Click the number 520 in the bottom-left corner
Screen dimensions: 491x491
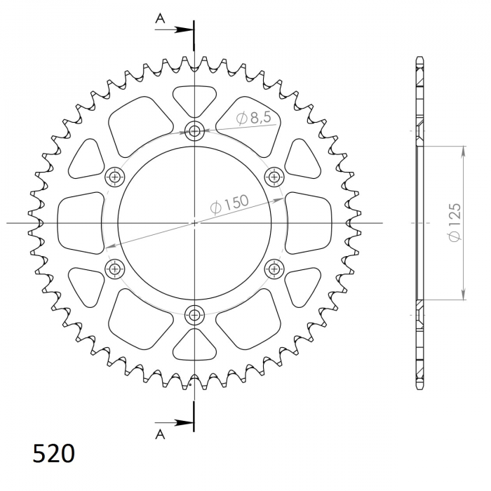[x=53, y=454]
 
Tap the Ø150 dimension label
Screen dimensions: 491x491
[x=229, y=204]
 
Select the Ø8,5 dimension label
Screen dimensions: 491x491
[x=253, y=119]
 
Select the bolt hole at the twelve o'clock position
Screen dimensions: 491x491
[x=194, y=130]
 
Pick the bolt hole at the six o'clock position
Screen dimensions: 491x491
[x=194, y=314]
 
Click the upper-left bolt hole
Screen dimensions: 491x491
[x=114, y=177]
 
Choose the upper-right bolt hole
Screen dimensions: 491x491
[x=274, y=177]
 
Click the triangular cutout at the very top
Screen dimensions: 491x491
[x=194, y=98]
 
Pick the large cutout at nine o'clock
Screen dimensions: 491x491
[x=79, y=222]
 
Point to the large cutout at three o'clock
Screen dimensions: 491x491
[x=309, y=222]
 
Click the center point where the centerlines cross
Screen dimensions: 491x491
[x=194, y=223]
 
